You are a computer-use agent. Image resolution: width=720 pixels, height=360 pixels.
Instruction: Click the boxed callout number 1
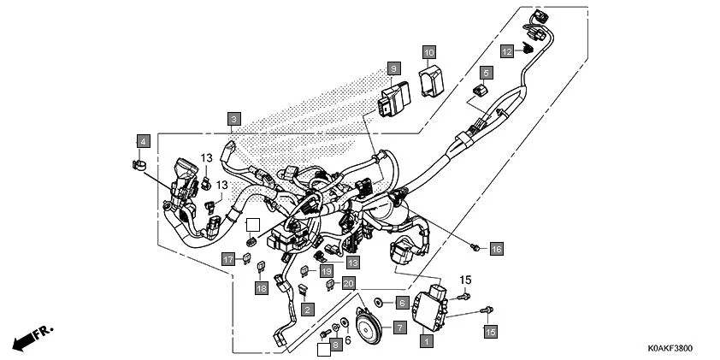[x=426, y=340]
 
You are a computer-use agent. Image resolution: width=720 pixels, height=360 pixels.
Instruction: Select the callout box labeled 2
[x=306, y=308]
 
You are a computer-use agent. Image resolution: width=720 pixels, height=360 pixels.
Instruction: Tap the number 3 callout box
[x=234, y=118]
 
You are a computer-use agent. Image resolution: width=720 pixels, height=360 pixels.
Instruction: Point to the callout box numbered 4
[x=143, y=140]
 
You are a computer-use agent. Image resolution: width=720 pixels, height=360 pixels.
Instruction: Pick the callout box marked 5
[x=485, y=73]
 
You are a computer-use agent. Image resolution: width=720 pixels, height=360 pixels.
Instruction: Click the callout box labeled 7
[x=399, y=328]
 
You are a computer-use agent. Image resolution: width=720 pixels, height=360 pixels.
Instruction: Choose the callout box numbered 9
[x=393, y=67]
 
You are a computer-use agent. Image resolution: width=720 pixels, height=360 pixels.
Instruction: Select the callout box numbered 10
[x=429, y=52]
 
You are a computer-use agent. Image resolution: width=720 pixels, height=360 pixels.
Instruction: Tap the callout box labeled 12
[x=506, y=51]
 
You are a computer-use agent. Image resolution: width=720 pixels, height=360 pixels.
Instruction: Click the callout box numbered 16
[x=497, y=249]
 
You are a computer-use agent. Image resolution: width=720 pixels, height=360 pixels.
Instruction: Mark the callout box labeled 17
[x=228, y=259]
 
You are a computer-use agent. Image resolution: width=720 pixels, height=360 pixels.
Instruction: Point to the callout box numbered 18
[x=262, y=289]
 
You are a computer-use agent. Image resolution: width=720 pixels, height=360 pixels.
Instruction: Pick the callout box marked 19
[x=326, y=271]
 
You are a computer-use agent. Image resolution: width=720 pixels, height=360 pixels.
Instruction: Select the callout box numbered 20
[x=348, y=284]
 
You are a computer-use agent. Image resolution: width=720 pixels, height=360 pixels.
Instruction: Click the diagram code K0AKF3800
[x=669, y=349]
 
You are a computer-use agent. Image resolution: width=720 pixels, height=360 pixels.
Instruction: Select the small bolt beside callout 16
[x=475, y=247]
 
